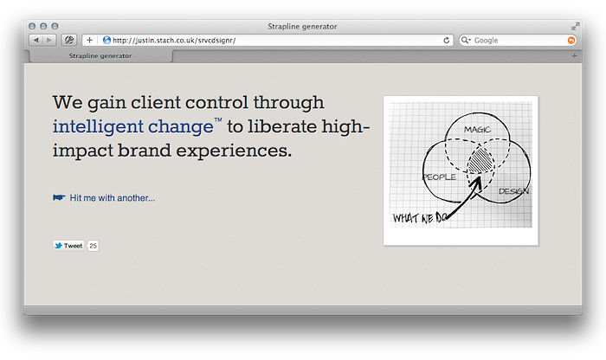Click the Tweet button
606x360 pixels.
click(68, 246)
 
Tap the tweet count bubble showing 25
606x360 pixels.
click(93, 246)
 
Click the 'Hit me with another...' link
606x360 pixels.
click(112, 198)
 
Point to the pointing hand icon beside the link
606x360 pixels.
click(59, 198)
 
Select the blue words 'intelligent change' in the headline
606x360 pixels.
click(133, 126)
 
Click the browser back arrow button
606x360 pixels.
click(36, 40)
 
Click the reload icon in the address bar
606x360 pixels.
click(447, 40)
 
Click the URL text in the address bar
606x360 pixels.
click(174, 40)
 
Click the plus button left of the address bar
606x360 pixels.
click(90, 40)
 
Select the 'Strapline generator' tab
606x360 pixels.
click(100, 56)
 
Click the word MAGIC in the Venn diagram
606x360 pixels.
click(477, 130)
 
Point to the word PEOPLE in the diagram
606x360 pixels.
click(440, 177)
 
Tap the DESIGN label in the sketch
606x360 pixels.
click(513, 191)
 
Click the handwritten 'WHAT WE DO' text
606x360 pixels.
click(420, 218)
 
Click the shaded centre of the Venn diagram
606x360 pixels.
click(480, 159)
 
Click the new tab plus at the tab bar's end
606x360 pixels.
click(574, 56)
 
